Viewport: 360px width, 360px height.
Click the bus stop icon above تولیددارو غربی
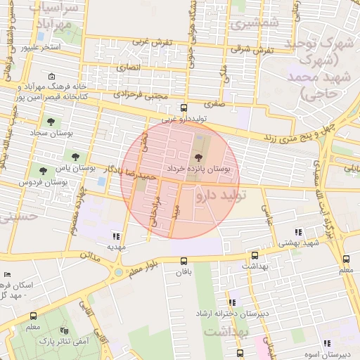(x=184, y=108)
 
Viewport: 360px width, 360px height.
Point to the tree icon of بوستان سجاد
(x=51, y=121)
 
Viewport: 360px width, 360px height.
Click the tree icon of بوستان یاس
(x=75, y=156)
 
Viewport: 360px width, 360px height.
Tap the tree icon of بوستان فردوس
(x=44, y=170)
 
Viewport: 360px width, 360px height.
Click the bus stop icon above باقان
(x=184, y=260)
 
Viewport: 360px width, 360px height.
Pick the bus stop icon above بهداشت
(x=254, y=256)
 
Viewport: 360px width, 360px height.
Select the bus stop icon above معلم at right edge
(x=346, y=259)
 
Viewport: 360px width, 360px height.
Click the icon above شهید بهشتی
(x=298, y=231)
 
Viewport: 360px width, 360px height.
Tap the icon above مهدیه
(x=116, y=236)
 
